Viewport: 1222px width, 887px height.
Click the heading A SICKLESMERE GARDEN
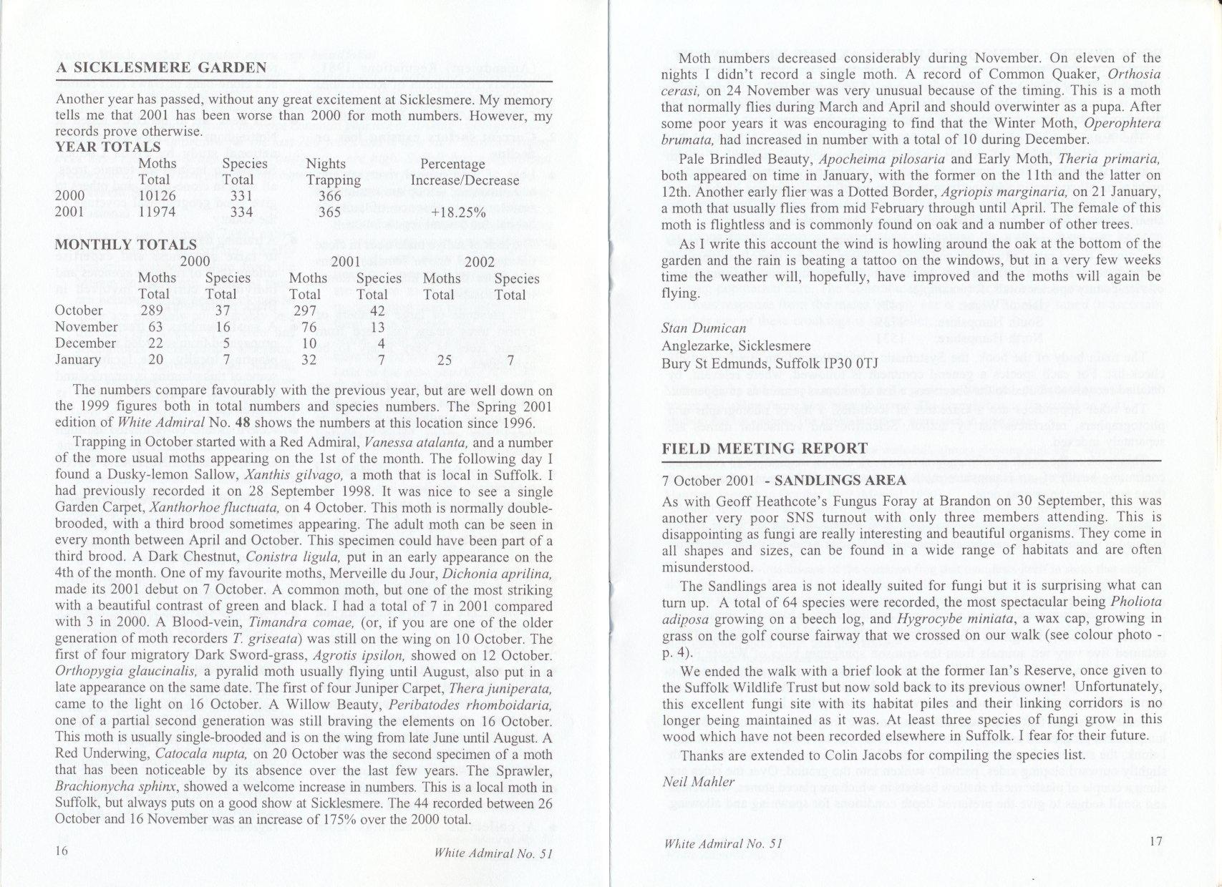[161, 69]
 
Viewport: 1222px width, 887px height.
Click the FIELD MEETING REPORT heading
[765, 449]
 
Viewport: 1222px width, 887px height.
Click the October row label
[79, 310]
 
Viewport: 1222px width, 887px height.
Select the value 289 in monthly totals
[152, 310]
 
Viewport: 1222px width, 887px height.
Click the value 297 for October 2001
[309, 310]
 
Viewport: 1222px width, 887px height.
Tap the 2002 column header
[480, 262]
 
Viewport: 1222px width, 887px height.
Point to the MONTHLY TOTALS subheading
[125, 245]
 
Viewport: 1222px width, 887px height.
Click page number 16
[61, 851]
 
